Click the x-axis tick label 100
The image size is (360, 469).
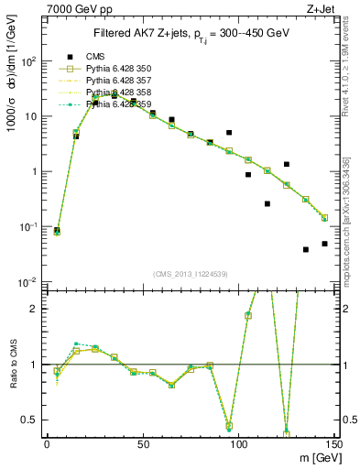tap(238, 444)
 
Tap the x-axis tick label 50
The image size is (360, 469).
tap(143, 444)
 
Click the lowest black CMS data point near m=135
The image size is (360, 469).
tap(306, 249)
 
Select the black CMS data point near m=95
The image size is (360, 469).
tap(229, 133)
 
